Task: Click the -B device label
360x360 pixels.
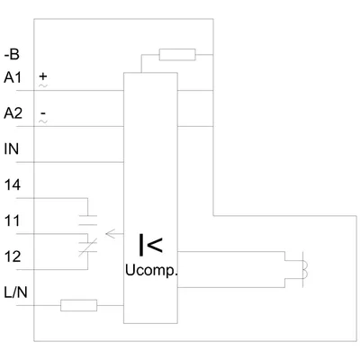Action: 12,55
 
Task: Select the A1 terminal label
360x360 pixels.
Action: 13,77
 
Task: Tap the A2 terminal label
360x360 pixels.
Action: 13,113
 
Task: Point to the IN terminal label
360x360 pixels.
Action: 12,149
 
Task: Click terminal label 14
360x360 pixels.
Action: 13,185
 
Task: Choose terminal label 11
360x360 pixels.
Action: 12,220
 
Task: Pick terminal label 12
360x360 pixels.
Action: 13,256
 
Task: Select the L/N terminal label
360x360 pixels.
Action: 15,292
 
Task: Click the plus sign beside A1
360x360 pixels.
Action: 43,76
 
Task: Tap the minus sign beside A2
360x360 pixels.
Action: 43,113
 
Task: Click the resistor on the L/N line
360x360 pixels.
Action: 78,305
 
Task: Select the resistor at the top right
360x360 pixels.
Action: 177,55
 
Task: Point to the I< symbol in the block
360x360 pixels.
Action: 150,245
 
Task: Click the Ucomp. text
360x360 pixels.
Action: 151,271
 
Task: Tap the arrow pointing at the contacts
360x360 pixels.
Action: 114,234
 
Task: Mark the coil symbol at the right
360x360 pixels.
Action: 303,270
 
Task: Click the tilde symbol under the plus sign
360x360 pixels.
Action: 43,85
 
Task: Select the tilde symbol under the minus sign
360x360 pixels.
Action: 43,121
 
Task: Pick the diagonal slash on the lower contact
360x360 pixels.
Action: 87,247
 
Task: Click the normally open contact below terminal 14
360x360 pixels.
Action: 87,220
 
